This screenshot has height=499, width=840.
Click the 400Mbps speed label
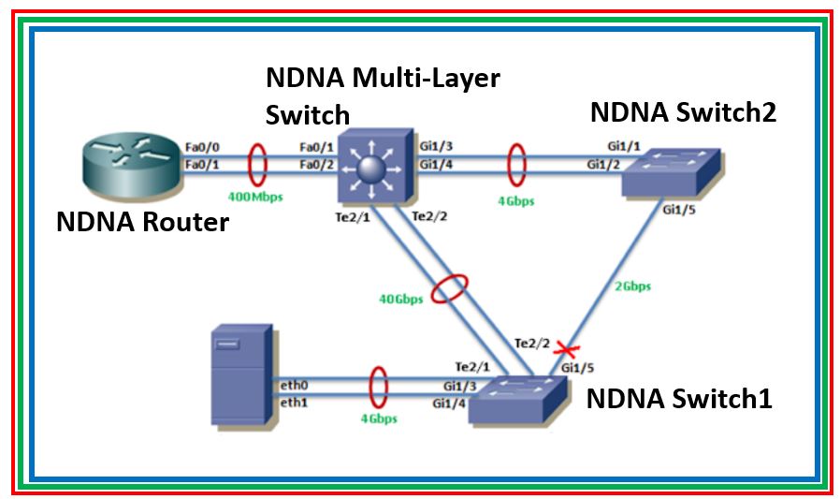pos(254,198)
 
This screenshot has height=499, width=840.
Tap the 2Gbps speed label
pos(632,286)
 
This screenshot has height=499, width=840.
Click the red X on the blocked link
pos(562,350)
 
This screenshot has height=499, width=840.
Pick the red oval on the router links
pos(254,163)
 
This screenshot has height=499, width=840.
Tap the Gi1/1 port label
pos(619,147)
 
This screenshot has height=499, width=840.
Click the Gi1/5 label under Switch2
pos(676,210)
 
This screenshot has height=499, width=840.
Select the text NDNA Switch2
pos(684,112)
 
